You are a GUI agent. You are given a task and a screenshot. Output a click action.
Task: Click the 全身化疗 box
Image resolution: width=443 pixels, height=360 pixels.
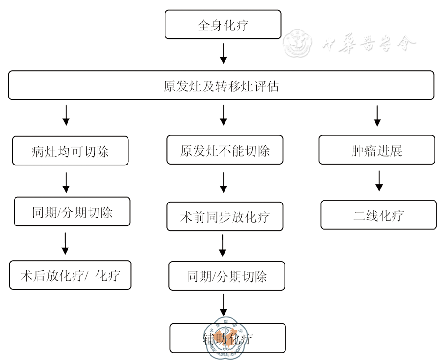click(223, 25)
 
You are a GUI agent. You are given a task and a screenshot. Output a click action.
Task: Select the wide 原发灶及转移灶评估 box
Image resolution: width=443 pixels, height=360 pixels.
click(221, 85)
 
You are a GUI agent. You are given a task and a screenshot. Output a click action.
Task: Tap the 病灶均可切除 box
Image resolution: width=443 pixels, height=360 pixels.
click(70, 150)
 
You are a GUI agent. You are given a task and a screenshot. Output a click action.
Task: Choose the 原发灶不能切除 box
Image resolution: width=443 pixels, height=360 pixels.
click(225, 150)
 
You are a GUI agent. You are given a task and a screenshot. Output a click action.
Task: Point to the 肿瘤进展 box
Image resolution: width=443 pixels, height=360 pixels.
click(377, 150)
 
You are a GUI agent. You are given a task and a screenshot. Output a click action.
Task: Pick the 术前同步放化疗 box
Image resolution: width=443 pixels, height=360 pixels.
click(225, 217)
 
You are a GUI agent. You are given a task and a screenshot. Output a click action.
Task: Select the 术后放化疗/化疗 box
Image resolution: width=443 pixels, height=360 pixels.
click(70, 275)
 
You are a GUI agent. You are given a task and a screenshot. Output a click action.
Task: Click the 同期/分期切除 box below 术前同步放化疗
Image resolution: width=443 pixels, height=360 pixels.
click(227, 276)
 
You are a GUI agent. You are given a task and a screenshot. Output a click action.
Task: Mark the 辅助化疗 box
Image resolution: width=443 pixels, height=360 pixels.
click(228, 338)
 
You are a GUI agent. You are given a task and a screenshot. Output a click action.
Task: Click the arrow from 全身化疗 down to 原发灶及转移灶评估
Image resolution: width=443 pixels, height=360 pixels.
click(224, 53)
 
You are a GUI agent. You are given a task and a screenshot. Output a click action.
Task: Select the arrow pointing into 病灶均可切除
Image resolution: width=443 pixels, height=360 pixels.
click(66, 115)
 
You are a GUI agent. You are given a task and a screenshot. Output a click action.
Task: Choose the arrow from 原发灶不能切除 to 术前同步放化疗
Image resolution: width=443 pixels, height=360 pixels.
click(224, 183)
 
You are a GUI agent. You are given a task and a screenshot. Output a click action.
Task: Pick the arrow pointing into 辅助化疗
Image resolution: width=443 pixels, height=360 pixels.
click(224, 306)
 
